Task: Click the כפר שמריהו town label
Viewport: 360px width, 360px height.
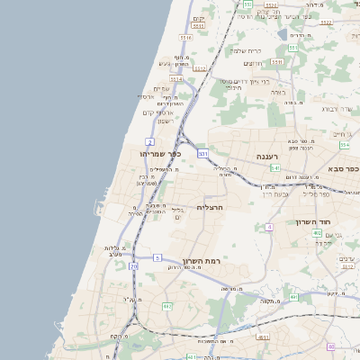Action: click(x=162, y=154)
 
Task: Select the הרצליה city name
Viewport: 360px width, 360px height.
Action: click(x=209, y=208)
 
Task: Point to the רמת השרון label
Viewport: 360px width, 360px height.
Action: click(x=202, y=261)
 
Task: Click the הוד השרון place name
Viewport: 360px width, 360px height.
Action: click(x=314, y=221)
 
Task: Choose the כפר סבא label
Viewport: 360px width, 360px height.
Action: click(x=341, y=169)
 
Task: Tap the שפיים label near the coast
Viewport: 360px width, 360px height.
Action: click(x=161, y=87)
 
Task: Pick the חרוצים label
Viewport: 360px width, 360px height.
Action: click(x=253, y=63)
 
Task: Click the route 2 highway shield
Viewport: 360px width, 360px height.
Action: click(x=149, y=142)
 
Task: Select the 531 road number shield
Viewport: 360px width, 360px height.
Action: click(x=203, y=154)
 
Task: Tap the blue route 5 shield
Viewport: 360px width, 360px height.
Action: click(x=157, y=257)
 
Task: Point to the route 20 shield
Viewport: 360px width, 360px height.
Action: click(x=133, y=266)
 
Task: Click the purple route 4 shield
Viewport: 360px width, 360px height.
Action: click(x=268, y=228)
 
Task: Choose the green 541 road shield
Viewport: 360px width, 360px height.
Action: click(x=275, y=168)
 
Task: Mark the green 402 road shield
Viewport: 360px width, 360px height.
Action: click(x=317, y=233)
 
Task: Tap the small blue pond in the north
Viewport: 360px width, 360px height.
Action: click(x=282, y=35)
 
